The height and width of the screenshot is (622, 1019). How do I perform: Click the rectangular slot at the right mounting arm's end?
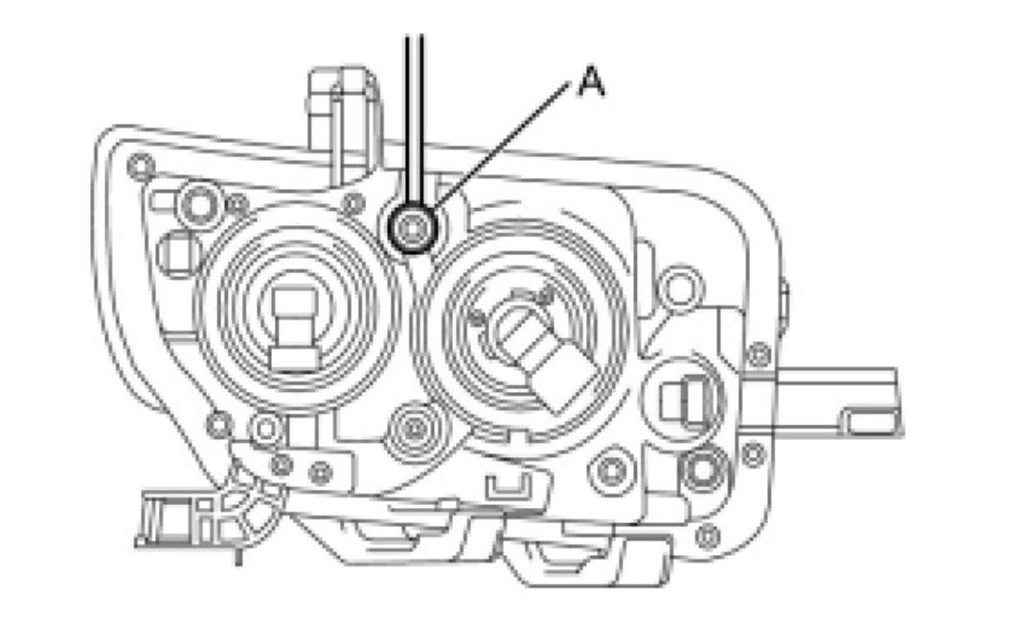(871, 417)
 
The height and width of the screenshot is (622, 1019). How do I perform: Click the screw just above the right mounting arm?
(758, 355)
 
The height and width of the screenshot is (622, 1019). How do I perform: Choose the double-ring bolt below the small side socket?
(700, 469)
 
